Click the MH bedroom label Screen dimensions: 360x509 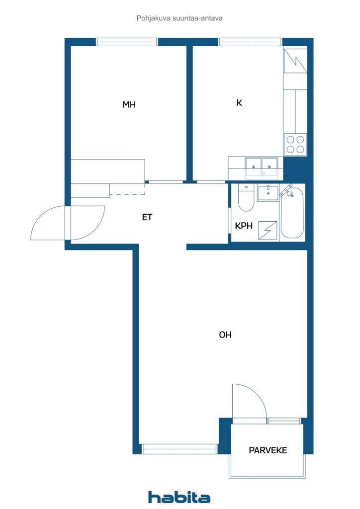(129, 104)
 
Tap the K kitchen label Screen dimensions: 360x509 (239, 103)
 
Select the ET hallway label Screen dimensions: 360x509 (147, 217)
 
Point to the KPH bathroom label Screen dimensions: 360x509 (244, 226)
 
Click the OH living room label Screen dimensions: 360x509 (225, 335)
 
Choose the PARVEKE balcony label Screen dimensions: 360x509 (268, 450)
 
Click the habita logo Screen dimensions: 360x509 (179, 497)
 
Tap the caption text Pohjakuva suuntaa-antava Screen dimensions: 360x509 (180, 18)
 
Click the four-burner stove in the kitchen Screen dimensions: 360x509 (295, 145)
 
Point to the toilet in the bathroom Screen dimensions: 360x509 (246, 198)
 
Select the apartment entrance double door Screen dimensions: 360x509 (68, 223)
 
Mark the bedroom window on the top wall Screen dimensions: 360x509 (127, 42)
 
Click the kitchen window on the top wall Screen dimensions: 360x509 (250, 42)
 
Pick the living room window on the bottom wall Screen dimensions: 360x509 (180, 449)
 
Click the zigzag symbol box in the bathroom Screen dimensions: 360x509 (268, 231)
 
